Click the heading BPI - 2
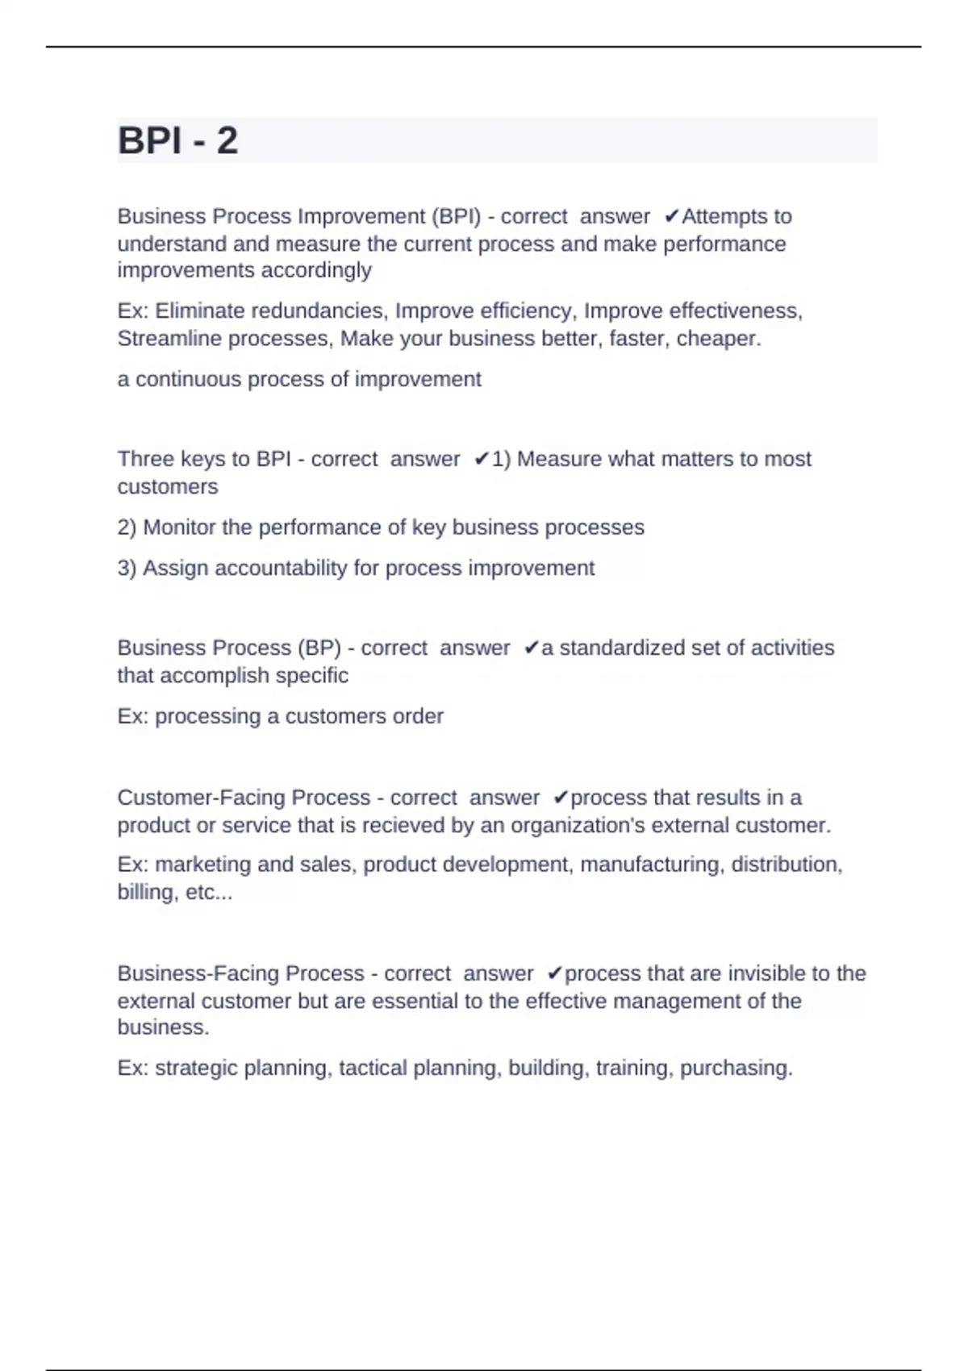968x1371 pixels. point(177,140)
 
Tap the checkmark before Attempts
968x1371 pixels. point(672,216)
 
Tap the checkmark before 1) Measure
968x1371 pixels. point(482,459)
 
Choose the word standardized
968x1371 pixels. point(624,648)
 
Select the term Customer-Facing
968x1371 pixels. point(202,798)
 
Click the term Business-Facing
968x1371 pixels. point(198,973)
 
